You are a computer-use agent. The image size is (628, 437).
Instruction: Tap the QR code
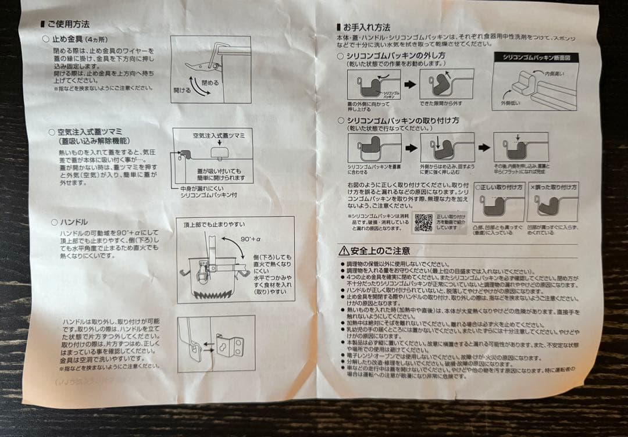click(423, 222)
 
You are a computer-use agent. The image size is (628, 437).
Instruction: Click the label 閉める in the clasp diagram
click(210, 83)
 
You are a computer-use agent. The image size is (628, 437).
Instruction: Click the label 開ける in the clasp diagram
click(182, 91)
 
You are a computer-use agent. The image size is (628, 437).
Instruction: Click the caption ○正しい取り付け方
click(498, 188)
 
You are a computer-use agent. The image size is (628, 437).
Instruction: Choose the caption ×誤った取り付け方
click(552, 188)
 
